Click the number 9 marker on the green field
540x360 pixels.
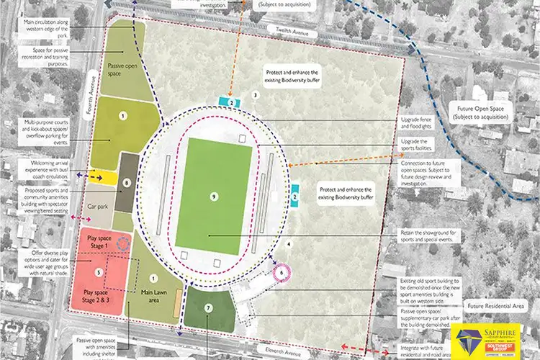click(x=214, y=196)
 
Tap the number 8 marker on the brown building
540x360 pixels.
click(x=127, y=183)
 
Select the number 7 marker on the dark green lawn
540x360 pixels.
click(x=208, y=307)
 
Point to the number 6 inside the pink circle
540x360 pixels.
click(x=282, y=273)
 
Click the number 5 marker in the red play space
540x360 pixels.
click(x=99, y=272)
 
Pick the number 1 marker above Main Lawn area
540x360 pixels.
click(x=152, y=278)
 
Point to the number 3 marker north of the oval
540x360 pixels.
click(x=255, y=94)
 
